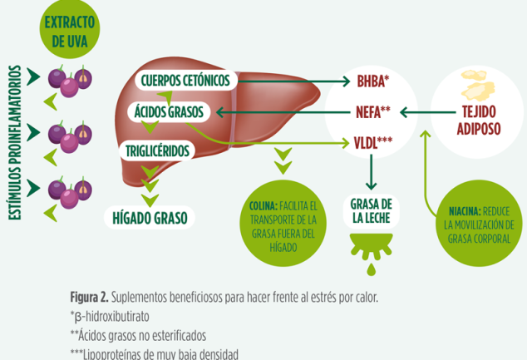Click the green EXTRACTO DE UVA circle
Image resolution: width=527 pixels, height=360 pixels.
click(70, 29)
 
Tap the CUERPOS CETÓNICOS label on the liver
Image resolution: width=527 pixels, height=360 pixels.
click(186, 81)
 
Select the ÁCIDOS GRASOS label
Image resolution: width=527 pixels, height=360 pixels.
click(169, 112)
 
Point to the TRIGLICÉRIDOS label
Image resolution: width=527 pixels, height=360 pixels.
click(157, 151)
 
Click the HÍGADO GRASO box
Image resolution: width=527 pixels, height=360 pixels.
click(150, 218)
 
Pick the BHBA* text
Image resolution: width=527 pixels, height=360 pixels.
click(372, 81)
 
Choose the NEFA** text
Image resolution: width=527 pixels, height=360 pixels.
click(373, 112)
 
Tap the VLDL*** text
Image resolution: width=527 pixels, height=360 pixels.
click(373, 143)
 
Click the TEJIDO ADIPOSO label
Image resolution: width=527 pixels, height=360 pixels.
click(479, 120)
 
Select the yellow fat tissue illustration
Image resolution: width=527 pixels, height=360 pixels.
click(477, 85)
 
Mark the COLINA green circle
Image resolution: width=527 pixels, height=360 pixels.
click(283, 223)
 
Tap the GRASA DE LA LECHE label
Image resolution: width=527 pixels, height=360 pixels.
click(371, 211)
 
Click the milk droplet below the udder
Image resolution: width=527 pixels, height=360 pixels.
click(371, 269)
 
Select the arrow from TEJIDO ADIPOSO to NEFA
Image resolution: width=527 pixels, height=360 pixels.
click(428, 112)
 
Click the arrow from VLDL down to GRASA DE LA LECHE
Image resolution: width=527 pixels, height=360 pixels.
click(371, 172)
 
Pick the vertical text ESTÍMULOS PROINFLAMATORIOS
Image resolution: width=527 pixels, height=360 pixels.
click(15, 143)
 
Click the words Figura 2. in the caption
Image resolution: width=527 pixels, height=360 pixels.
click(90, 297)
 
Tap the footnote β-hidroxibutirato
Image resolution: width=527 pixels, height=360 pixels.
click(110, 316)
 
